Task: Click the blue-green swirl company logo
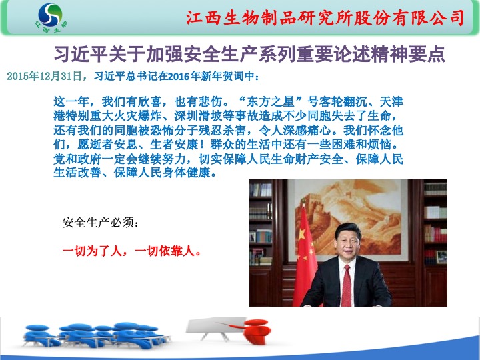(x=51, y=15)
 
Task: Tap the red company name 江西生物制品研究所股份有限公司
(x=325, y=17)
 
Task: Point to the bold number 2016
(x=179, y=76)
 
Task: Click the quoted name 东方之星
(x=270, y=101)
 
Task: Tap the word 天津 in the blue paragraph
(x=391, y=101)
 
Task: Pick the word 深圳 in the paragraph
(x=186, y=116)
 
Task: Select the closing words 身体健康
(x=186, y=173)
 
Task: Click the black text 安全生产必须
(x=98, y=223)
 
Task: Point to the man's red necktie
(x=347, y=285)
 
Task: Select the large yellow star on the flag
(x=302, y=234)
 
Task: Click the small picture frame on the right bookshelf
(x=441, y=257)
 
